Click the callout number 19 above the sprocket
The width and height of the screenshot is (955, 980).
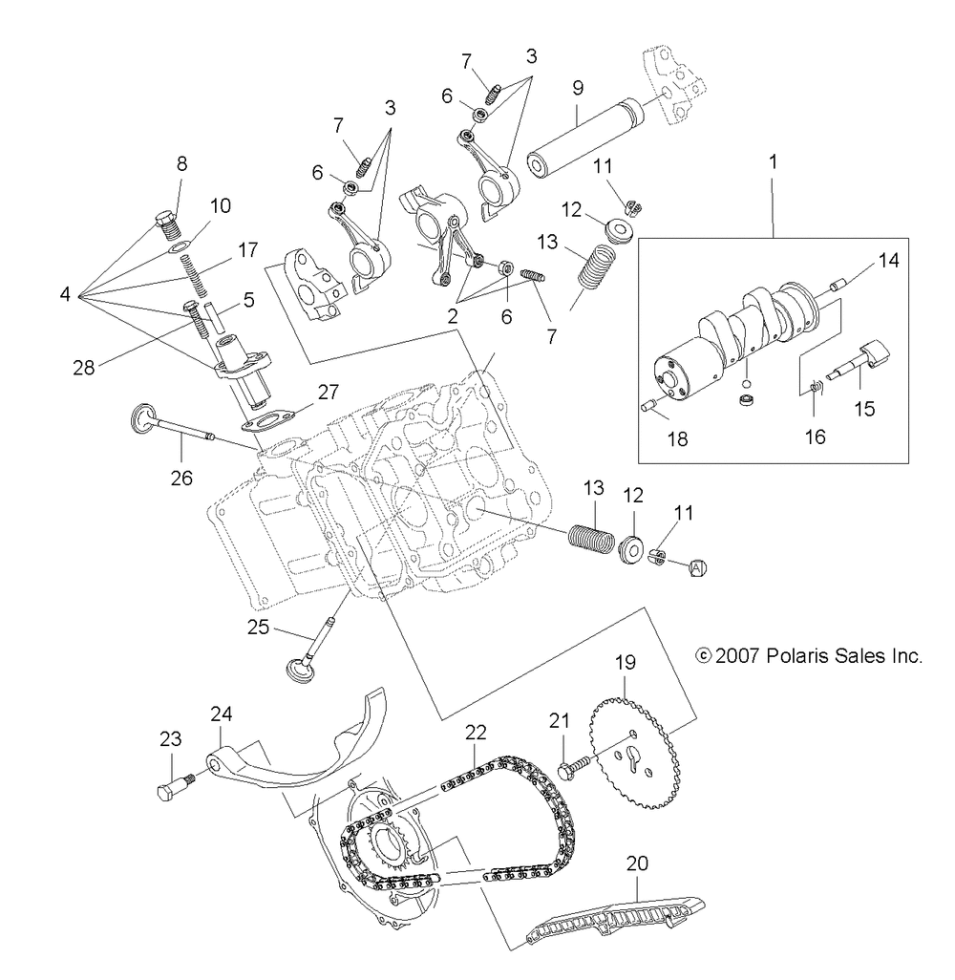(624, 660)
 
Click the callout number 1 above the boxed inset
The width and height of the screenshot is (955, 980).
(774, 162)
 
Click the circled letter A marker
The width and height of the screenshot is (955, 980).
(697, 567)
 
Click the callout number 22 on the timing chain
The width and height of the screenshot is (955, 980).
(476, 732)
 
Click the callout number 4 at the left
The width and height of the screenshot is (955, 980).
(65, 294)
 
